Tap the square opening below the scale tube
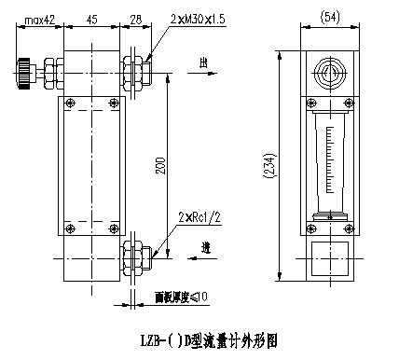tap(329, 254)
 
